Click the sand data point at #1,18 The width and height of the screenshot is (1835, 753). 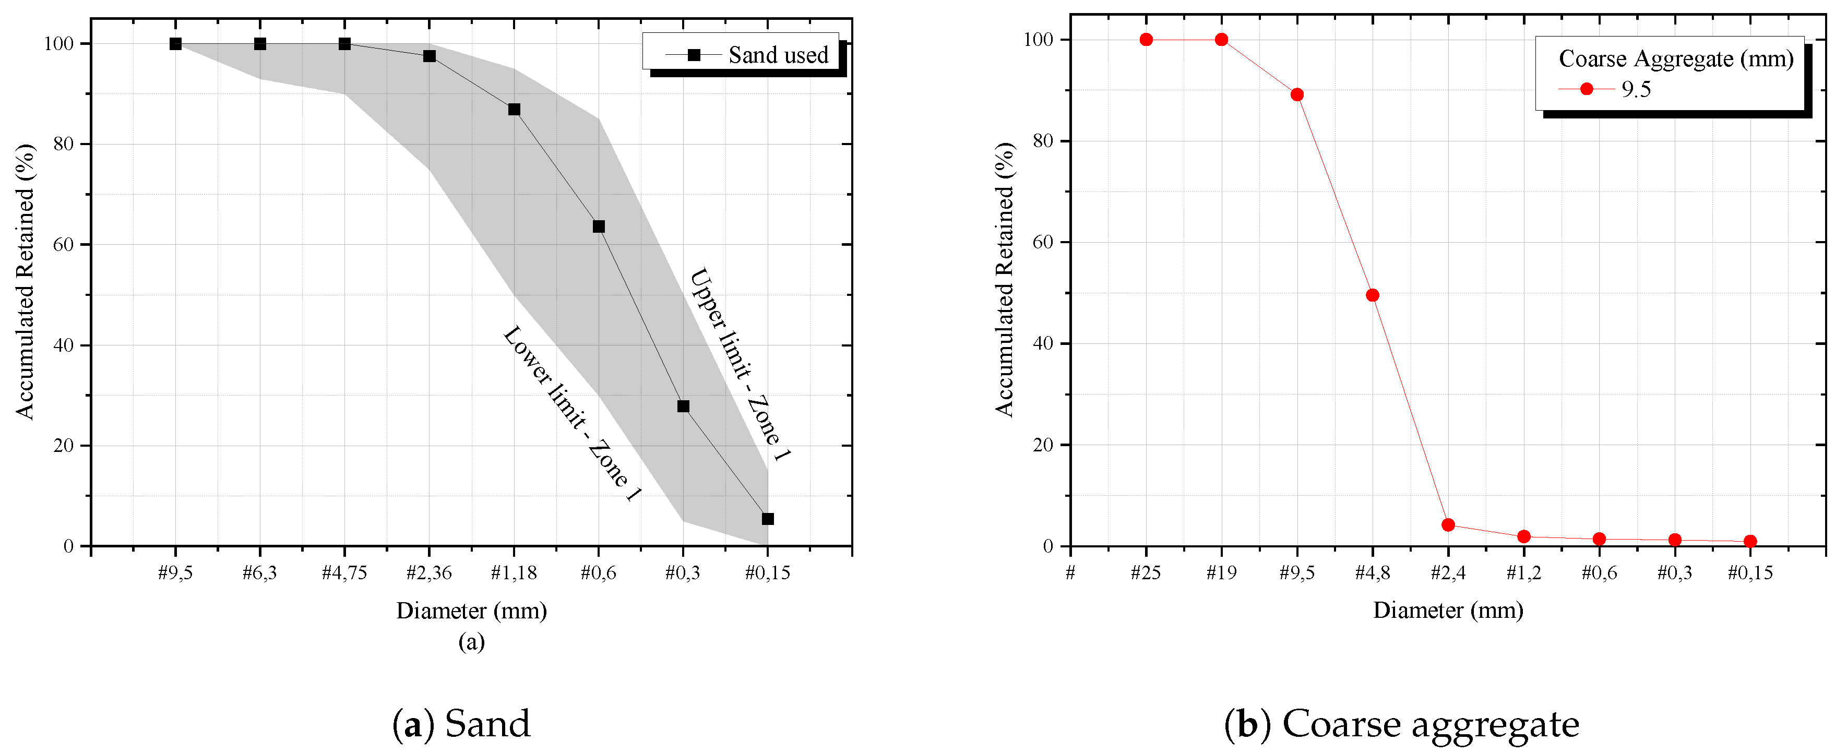514,110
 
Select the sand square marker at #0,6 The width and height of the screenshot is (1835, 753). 599,226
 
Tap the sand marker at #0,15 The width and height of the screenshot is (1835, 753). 767,519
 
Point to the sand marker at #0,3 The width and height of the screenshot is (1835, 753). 683,406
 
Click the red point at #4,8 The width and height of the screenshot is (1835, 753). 1372,295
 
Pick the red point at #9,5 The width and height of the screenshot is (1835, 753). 1296,95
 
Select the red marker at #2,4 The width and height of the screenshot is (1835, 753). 1447,525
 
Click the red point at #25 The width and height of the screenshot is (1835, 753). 1146,39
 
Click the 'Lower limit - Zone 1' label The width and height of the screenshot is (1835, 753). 572,414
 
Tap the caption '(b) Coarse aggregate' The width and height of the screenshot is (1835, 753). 1401,724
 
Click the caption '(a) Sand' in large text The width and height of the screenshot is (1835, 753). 461,724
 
